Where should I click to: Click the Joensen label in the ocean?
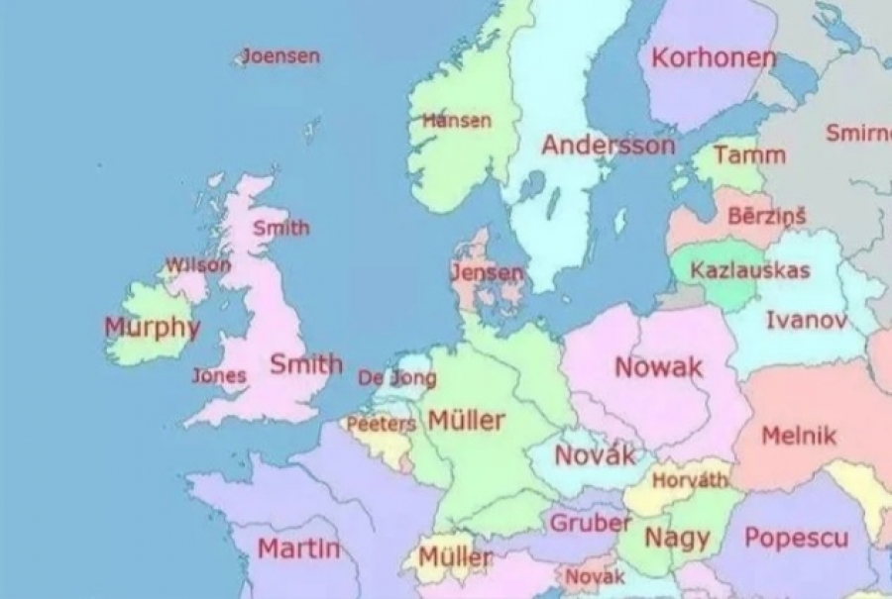tap(281, 55)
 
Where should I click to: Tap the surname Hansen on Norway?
tap(457, 121)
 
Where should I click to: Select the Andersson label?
tap(608, 146)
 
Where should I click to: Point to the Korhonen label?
tap(714, 58)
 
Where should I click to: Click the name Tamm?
tap(749, 154)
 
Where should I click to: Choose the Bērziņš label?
tap(767, 216)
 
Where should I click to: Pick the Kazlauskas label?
tap(750, 270)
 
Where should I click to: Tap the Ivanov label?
tap(807, 320)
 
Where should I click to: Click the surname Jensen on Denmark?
tap(487, 272)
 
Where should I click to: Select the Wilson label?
tap(197, 265)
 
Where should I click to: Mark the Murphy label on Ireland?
tap(152, 327)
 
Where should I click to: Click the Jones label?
tap(219, 376)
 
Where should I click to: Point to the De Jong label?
tap(396, 378)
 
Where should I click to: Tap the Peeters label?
tap(381, 424)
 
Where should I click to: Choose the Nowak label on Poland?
tap(659, 367)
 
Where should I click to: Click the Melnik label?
tap(799, 436)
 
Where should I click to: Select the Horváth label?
tap(690, 480)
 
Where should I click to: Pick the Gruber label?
tap(591, 523)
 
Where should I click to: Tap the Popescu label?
tap(796, 539)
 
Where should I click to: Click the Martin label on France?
tap(298, 548)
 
